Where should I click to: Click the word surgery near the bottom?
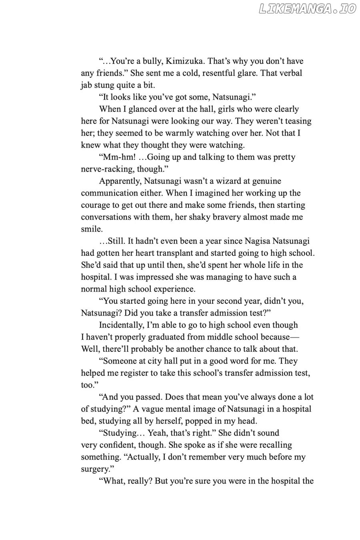pos(95,469)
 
